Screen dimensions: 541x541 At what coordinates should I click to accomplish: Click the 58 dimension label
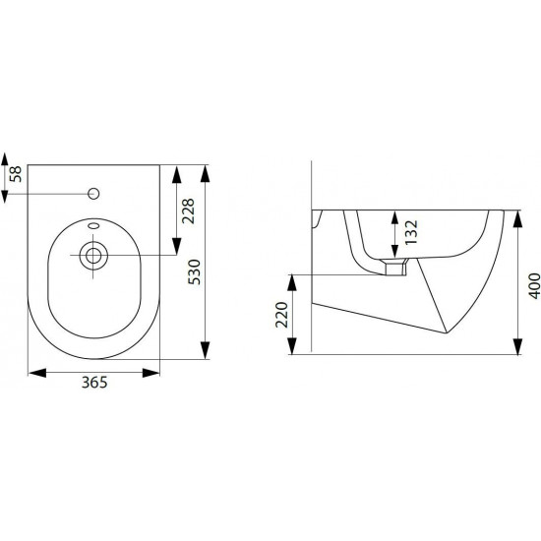pyautogui.click(x=16, y=174)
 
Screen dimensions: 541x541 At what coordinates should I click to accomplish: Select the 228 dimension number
pyautogui.click(x=189, y=211)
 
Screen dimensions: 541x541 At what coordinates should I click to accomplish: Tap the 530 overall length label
pyautogui.click(x=194, y=271)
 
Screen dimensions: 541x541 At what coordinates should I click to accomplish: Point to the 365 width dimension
pyautogui.click(x=94, y=383)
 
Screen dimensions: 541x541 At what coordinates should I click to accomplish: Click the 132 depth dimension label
pyautogui.click(x=411, y=232)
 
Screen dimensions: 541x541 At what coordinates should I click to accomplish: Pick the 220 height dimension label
pyautogui.click(x=282, y=315)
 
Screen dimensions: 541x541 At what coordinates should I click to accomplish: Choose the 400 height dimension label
pyautogui.click(x=535, y=285)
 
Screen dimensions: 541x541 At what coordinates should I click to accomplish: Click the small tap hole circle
pyautogui.click(x=93, y=194)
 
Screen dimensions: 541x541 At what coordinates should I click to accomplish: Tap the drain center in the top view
pyautogui.click(x=93, y=256)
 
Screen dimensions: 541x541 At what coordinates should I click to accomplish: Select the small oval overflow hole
pyautogui.click(x=93, y=226)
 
